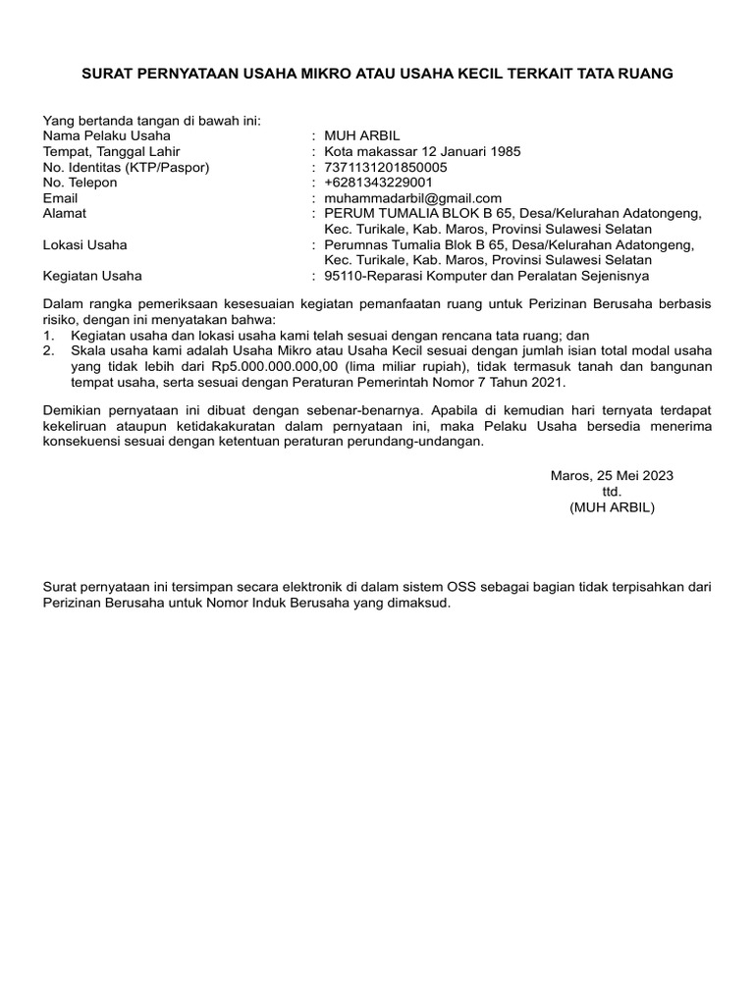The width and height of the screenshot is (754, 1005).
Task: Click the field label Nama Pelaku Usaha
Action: [x=107, y=135]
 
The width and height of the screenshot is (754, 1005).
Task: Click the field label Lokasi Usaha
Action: [x=85, y=244]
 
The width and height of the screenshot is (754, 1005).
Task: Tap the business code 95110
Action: [x=344, y=276]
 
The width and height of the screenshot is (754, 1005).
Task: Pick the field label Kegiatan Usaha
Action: [x=92, y=276]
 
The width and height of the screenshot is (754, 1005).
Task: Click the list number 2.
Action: [x=48, y=350]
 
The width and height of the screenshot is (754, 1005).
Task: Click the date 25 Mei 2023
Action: [x=634, y=476]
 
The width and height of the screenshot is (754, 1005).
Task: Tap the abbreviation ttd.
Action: [x=612, y=492]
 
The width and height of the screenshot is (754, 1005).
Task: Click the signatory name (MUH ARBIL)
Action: [x=612, y=507]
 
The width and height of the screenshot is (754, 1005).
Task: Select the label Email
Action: [x=61, y=198]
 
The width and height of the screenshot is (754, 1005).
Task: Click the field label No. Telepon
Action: [x=81, y=183]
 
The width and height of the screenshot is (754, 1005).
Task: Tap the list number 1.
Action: [x=48, y=335]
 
